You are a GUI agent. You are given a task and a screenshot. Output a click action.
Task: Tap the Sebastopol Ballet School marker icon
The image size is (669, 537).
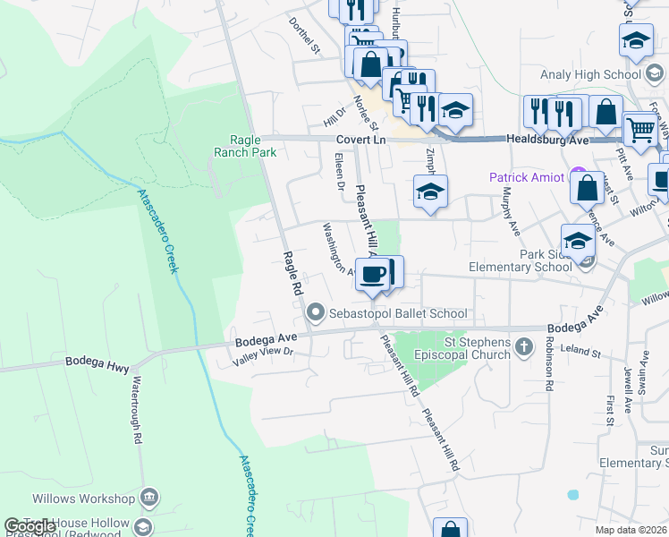(315, 313)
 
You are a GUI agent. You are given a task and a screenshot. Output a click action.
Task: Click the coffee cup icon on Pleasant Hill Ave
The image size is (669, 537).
(373, 273)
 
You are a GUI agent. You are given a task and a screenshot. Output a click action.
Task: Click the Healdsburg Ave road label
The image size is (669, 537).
(547, 140)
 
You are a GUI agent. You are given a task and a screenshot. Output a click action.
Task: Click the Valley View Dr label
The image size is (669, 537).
(264, 357)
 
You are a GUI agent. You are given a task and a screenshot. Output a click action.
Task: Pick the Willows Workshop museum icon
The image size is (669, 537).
(149, 498)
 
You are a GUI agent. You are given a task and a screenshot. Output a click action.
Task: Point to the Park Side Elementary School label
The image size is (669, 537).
(521, 260)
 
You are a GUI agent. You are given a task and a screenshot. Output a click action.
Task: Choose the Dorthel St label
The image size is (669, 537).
(304, 34)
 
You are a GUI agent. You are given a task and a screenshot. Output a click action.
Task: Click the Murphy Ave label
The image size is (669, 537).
(511, 210)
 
